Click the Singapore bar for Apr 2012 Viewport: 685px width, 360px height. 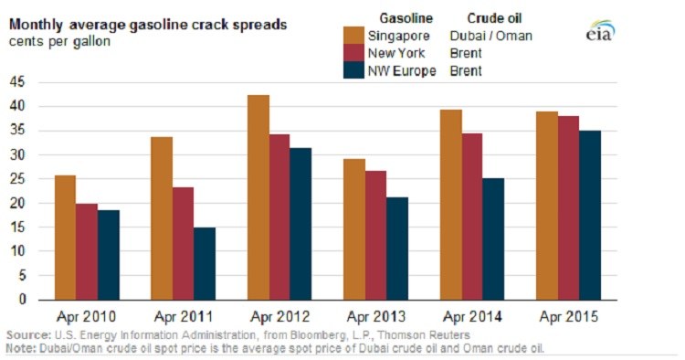click(258, 197)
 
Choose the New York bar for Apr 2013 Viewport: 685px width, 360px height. click(376, 235)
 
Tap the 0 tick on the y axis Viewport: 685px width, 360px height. click(28, 300)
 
